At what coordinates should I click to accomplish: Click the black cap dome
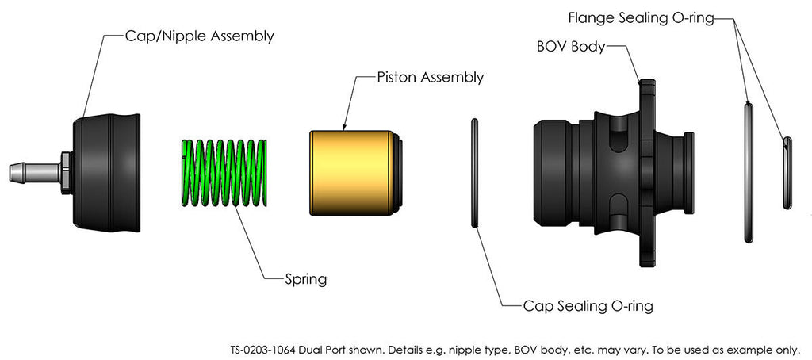tap(107, 170)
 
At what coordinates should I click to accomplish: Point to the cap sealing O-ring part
tap(475, 173)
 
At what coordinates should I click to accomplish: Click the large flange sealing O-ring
tap(748, 170)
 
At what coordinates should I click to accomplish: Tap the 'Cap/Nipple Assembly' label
tap(200, 36)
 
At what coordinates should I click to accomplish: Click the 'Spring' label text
tap(306, 278)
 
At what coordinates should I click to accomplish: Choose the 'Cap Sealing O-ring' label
tap(588, 305)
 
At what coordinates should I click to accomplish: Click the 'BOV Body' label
tap(571, 46)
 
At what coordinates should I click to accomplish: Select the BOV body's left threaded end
tap(555, 173)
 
